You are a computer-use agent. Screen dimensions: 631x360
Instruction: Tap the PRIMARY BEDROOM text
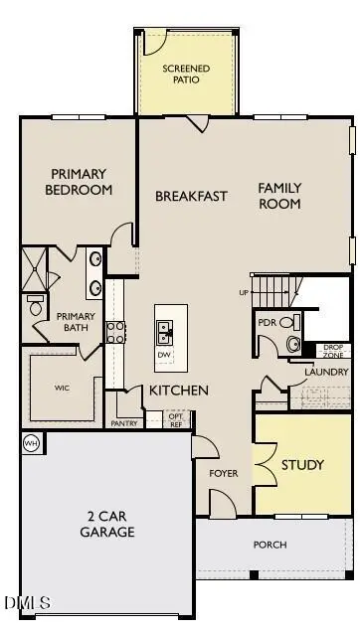(78, 182)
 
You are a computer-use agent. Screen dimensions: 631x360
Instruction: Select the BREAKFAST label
(192, 196)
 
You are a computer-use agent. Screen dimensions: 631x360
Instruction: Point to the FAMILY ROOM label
(279, 196)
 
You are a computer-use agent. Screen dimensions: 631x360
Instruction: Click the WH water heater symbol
(30, 443)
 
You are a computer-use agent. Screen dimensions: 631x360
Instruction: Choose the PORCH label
(270, 545)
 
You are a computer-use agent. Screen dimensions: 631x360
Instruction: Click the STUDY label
(301, 465)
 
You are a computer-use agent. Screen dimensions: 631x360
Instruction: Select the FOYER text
(224, 473)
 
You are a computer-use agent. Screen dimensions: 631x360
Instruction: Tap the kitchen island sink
(164, 329)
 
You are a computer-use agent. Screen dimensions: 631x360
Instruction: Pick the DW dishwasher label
(164, 355)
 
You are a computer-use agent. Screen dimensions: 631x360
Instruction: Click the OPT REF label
(176, 419)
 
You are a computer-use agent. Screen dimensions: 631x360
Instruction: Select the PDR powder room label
(267, 323)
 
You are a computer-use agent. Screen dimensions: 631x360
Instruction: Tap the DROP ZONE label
(333, 351)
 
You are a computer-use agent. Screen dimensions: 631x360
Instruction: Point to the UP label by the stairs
(244, 292)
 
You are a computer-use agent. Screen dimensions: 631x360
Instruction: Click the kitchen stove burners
(115, 331)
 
